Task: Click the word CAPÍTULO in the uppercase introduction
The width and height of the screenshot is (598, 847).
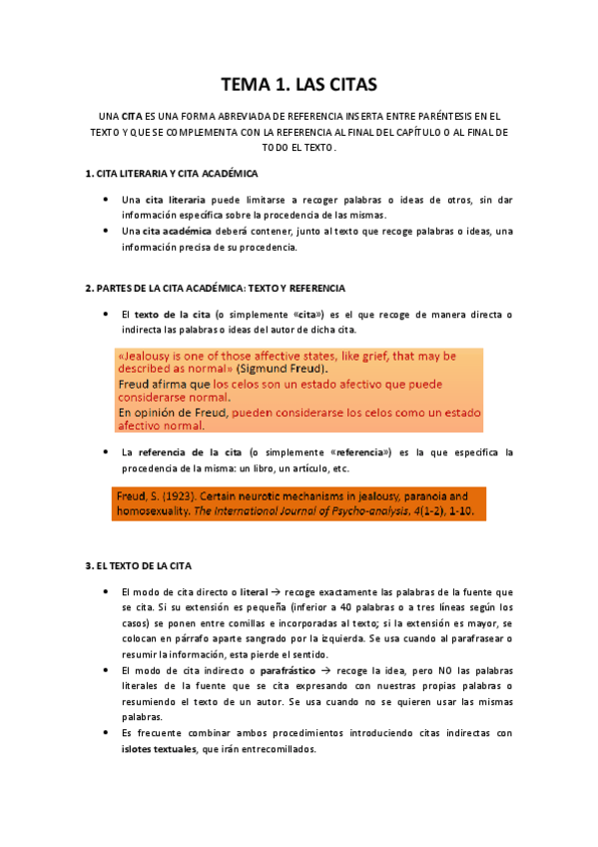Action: [414, 132]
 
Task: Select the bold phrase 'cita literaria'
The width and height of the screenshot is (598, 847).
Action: [176, 200]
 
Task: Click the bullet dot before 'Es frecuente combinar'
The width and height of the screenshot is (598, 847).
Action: [106, 733]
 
